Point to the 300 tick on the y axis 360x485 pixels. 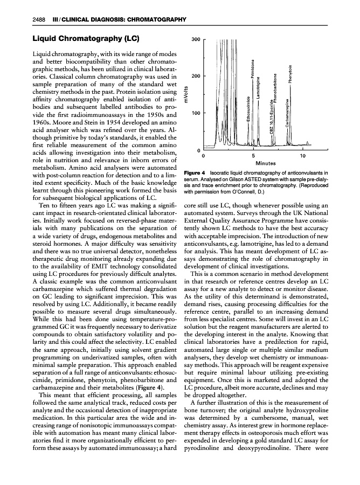pos(196,39)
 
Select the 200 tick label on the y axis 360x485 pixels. pos(196,76)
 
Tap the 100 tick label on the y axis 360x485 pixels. pos(196,113)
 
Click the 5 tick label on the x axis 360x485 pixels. pos(253,156)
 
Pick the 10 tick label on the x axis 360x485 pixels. pos(303,156)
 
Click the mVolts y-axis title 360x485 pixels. pos(186,95)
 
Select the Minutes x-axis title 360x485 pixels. pos(266,162)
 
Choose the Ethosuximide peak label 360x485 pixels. pos(248,112)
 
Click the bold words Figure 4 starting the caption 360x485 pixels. pos(196,172)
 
